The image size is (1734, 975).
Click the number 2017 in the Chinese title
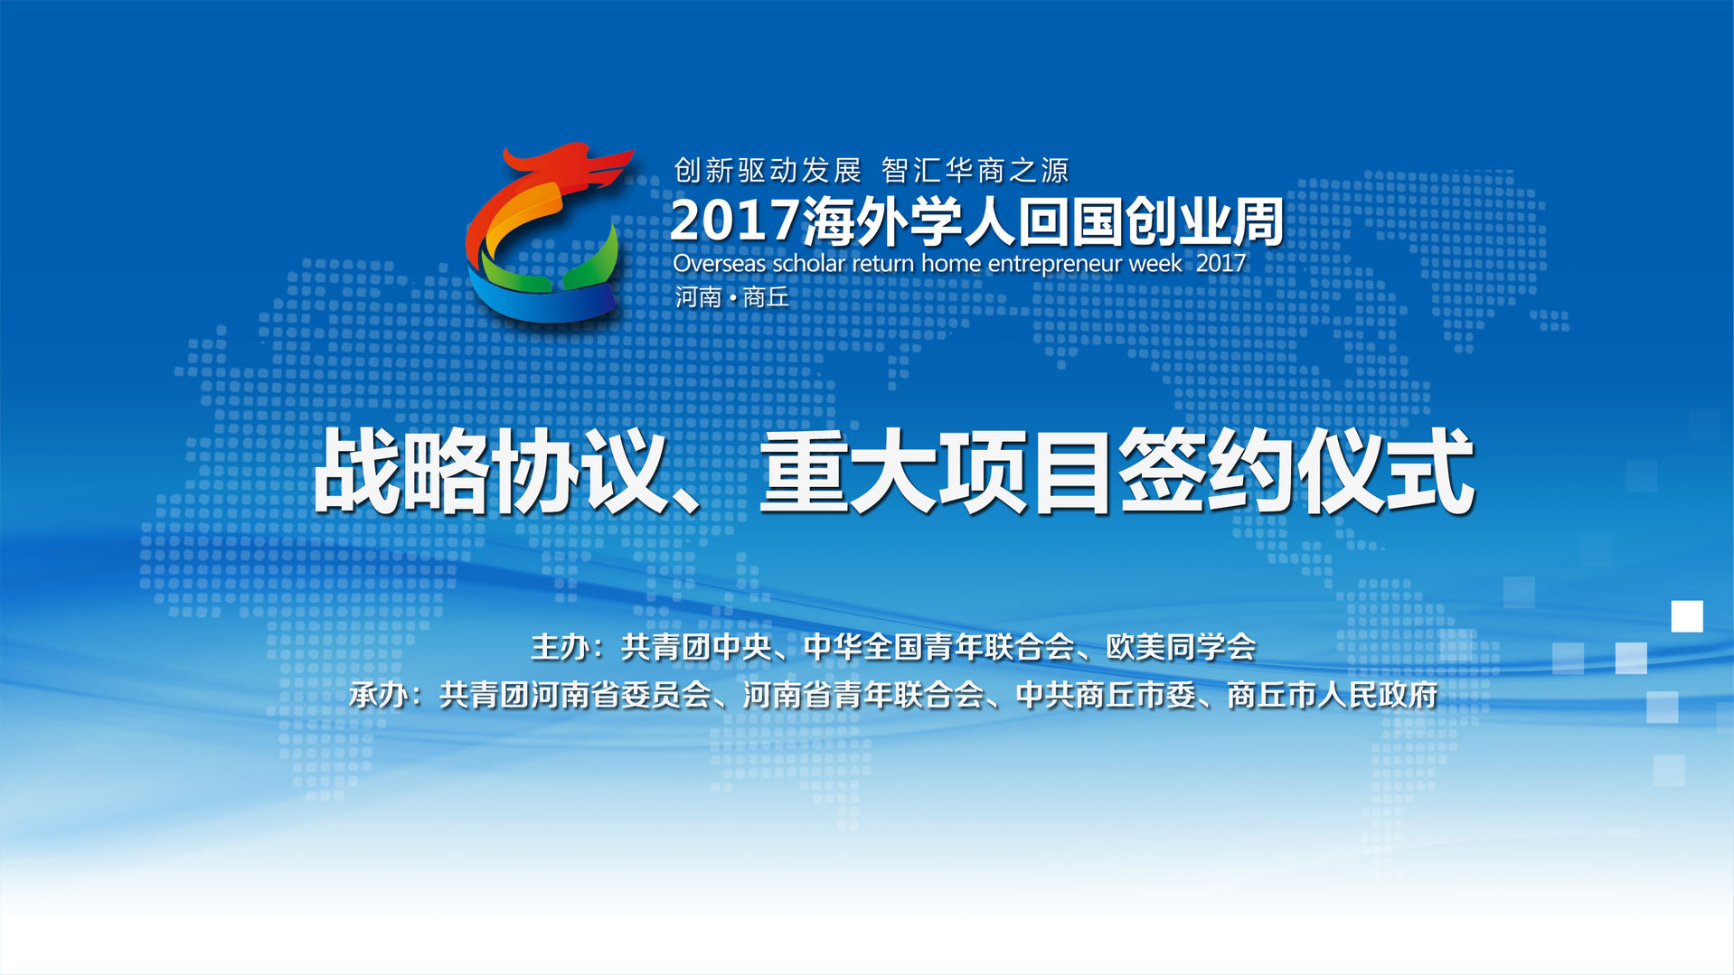735,221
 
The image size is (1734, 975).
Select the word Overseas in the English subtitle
720,264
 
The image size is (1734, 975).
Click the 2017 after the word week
1220,263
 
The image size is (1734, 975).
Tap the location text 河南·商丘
731,297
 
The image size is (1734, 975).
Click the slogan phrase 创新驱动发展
768,170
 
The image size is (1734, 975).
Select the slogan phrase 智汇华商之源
975,170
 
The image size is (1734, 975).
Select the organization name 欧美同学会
1182,647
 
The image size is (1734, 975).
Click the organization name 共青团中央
696,647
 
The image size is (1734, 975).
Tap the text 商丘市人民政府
1332,695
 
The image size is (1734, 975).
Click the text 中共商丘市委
1106,695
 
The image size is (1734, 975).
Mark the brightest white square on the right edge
1687,616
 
